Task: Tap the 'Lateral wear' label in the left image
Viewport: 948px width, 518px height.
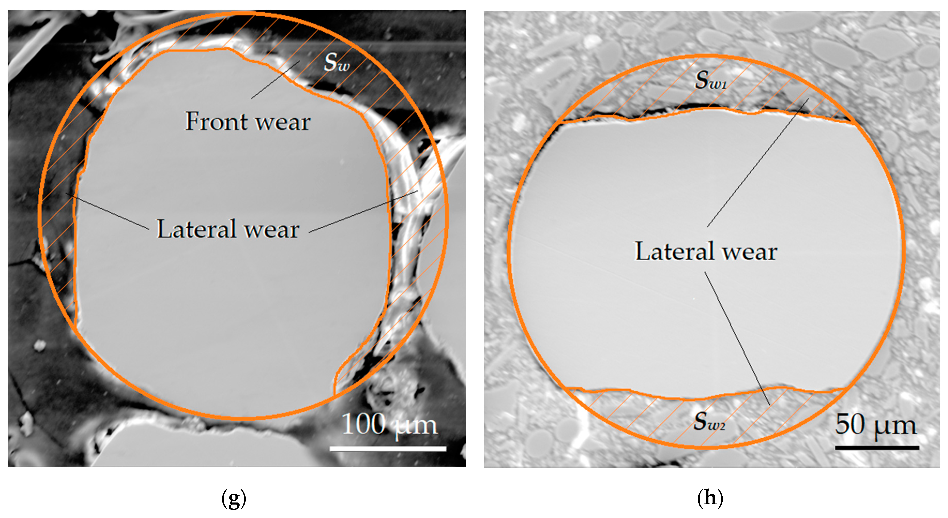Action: click(x=228, y=229)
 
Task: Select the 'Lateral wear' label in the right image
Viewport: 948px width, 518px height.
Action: click(x=706, y=251)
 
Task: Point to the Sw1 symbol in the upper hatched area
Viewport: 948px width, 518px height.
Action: click(x=710, y=80)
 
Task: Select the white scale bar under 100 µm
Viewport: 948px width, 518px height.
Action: click(x=388, y=448)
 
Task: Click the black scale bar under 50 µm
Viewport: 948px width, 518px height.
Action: click(x=877, y=448)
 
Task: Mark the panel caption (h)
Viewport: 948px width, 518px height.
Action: click(x=710, y=499)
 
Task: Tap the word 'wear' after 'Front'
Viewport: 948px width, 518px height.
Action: click(x=283, y=122)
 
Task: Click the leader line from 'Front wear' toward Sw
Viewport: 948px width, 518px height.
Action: click(x=275, y=80)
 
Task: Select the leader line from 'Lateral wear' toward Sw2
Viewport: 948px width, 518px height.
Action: click(x=737, y=339)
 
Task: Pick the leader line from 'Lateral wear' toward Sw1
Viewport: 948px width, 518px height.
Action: click(x=758, y=162)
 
